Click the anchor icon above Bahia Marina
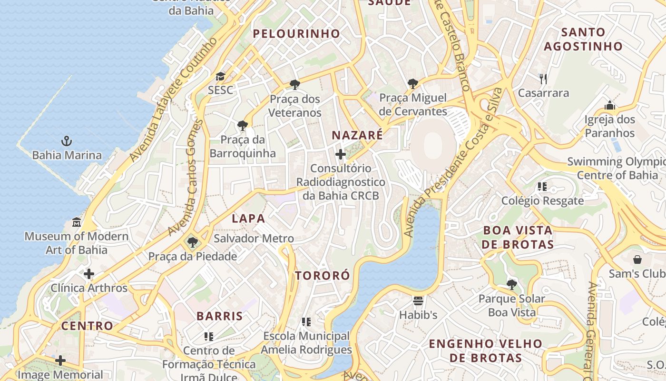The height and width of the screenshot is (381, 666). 67,141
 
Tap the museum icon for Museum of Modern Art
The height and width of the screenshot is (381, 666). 76,222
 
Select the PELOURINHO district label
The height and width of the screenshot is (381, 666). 296,34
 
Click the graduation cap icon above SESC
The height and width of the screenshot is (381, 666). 220,76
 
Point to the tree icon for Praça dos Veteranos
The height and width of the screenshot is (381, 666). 295,85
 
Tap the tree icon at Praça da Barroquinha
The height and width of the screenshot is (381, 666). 242,126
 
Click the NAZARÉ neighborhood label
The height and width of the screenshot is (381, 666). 357,135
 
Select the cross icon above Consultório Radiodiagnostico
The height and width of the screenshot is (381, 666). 341,154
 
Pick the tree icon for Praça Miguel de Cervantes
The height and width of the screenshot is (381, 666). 413,84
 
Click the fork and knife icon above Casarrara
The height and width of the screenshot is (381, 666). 543,79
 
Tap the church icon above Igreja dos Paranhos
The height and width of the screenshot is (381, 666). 610,105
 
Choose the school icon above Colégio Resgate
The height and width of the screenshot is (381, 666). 542,187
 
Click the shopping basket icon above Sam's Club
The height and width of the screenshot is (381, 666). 637,260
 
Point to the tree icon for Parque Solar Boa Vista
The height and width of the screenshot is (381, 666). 512,285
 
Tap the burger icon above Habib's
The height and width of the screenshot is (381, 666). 418,301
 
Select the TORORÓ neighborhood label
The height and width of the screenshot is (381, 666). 322,276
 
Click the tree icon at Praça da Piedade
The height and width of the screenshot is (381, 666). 192,242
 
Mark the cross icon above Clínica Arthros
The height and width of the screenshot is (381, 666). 89,274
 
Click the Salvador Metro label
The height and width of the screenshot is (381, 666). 254,239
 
